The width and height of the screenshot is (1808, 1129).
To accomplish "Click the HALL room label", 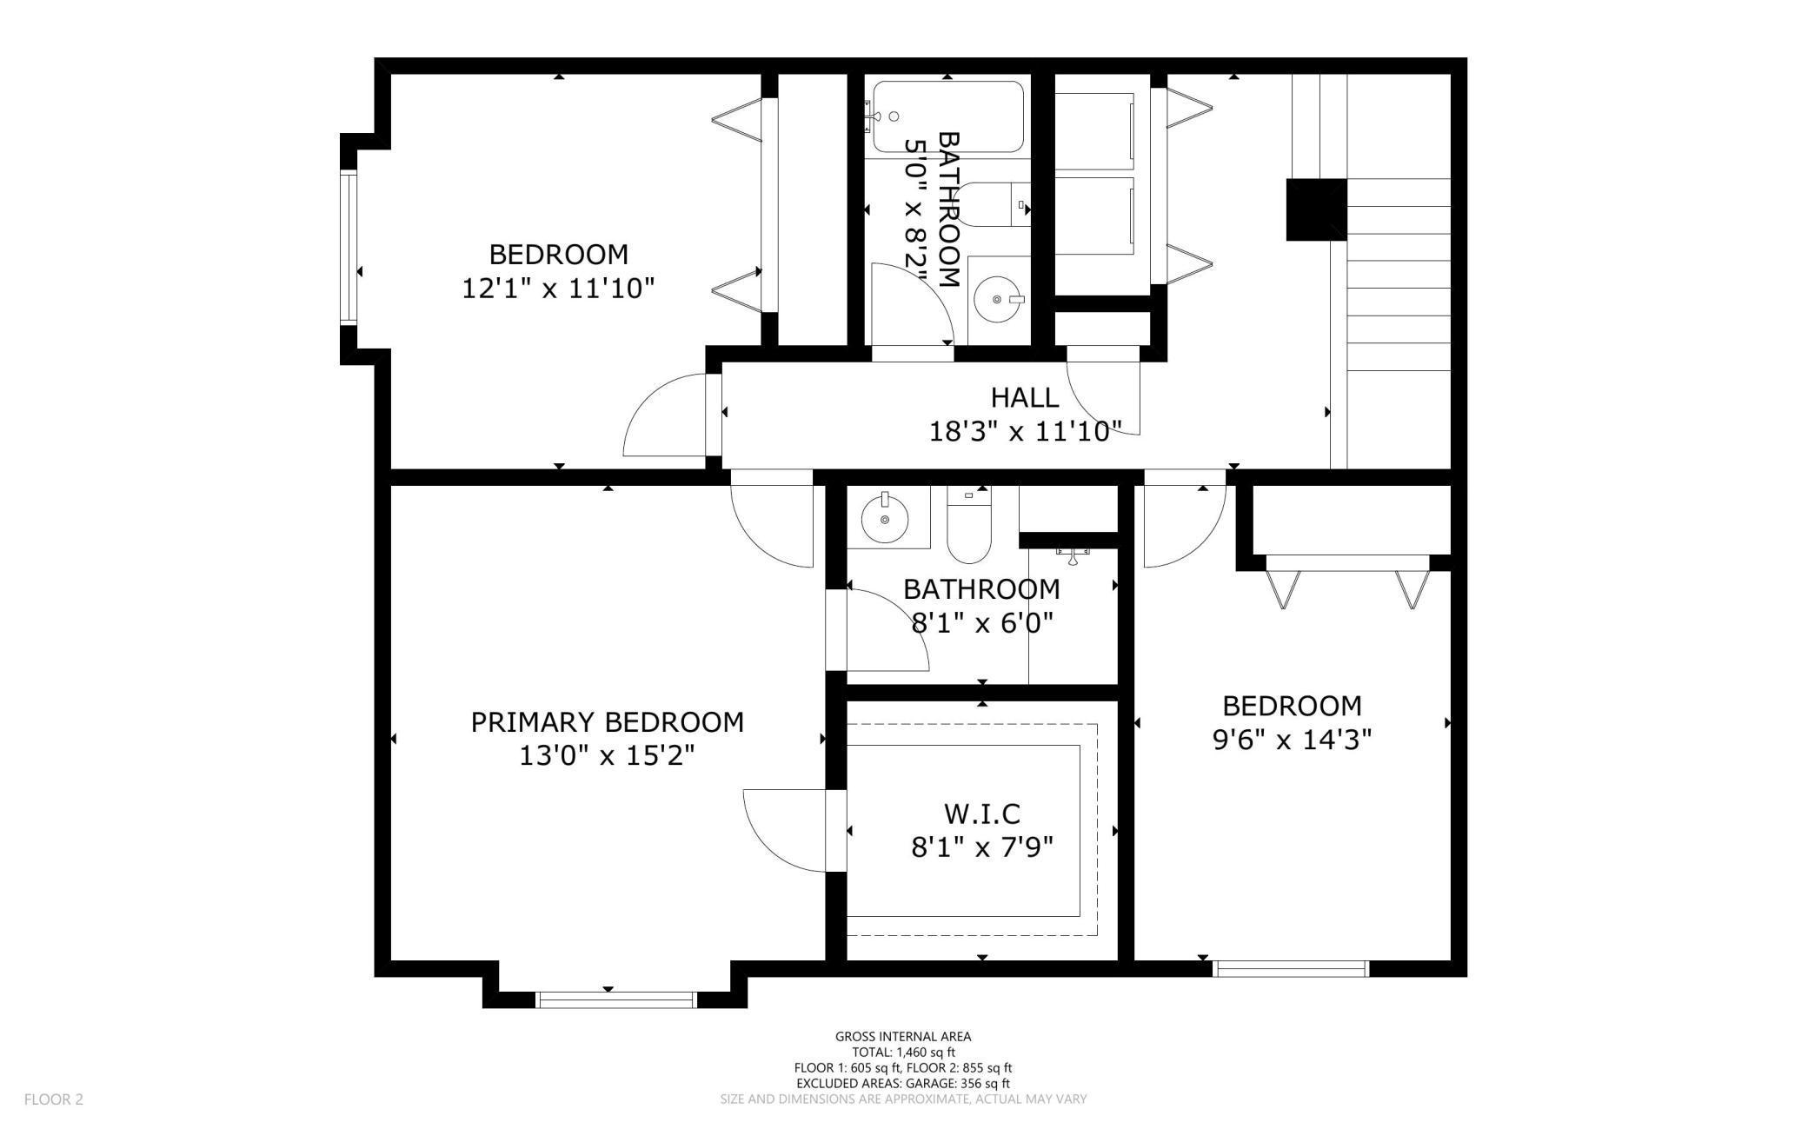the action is [x=1025, y=397].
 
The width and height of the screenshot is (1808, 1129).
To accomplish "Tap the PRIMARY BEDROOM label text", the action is [x=608, y=722].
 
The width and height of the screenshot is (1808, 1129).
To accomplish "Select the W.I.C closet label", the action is [x=982, y=814].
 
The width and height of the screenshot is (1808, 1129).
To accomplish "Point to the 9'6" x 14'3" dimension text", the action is [x=1292, y=740].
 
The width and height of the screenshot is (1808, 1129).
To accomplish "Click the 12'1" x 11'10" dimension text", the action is [x=557, y=288].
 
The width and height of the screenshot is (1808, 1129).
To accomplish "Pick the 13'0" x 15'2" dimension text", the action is [x=608, y=756].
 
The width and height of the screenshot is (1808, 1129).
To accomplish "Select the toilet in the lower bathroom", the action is [x=969, y=525].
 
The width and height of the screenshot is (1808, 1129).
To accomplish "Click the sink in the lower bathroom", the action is [x=885, y=519].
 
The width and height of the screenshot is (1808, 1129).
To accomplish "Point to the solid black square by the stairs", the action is [x=1316, y=209].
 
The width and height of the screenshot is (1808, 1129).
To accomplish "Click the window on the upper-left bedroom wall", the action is [x=349, y=248].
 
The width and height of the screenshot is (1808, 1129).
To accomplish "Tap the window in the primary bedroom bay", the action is [x=616, y=999].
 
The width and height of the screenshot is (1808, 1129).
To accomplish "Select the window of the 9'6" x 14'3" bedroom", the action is [x=1291, y=968].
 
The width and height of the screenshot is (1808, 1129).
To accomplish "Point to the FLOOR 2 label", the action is [x=54, y=1099].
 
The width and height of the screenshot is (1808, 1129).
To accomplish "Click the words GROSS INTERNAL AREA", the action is [x=903, y=1036].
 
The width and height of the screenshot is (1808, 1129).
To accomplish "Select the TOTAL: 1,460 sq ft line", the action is [x=903, y=1052].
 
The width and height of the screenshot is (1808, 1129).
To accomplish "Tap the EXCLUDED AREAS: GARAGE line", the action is [x=903, y=1083].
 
